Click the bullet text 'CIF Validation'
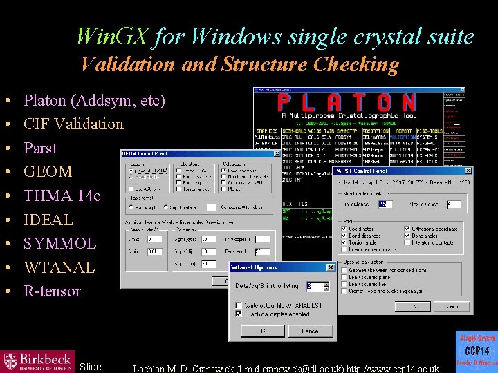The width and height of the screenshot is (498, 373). click(x=73, y=124)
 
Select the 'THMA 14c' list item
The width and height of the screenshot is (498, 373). click(x=62, y=195)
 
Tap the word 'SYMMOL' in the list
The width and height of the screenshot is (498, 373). click(x=60, y=243)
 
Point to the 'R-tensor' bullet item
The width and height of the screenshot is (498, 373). click(x=52, y=291)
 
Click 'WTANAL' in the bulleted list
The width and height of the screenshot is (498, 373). click(x=59, y=267)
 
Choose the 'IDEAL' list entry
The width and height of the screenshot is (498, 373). click(x=48, y=220)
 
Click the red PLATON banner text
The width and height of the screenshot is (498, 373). click(x=347, y=103)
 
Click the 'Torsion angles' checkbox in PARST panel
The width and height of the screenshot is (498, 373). click(x=344, y=242)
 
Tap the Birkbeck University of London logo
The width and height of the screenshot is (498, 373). click(x=37, y=360)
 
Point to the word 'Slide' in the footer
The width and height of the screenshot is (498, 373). click(x=91, y=367)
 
